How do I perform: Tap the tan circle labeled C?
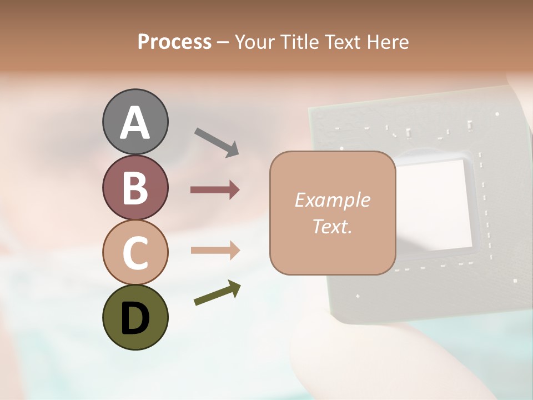[x=135, y=253]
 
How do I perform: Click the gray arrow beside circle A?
[x=217, y=142]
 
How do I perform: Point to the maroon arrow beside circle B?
[x=215, y=190]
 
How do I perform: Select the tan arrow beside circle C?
[x=215, y=251]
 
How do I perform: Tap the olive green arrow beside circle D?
[x=217, y=293]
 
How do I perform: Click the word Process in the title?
[x=174, y=42]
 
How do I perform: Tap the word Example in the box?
[x=332, y=200]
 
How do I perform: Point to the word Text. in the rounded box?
[x=332, y=227]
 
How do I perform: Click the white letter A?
[x=135, y=123]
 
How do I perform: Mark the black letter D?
[x=135, y=318]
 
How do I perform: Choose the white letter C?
[x=135, y=253]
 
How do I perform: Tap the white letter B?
[x=135, y=188]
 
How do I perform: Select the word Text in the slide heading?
[x=343, y=42]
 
